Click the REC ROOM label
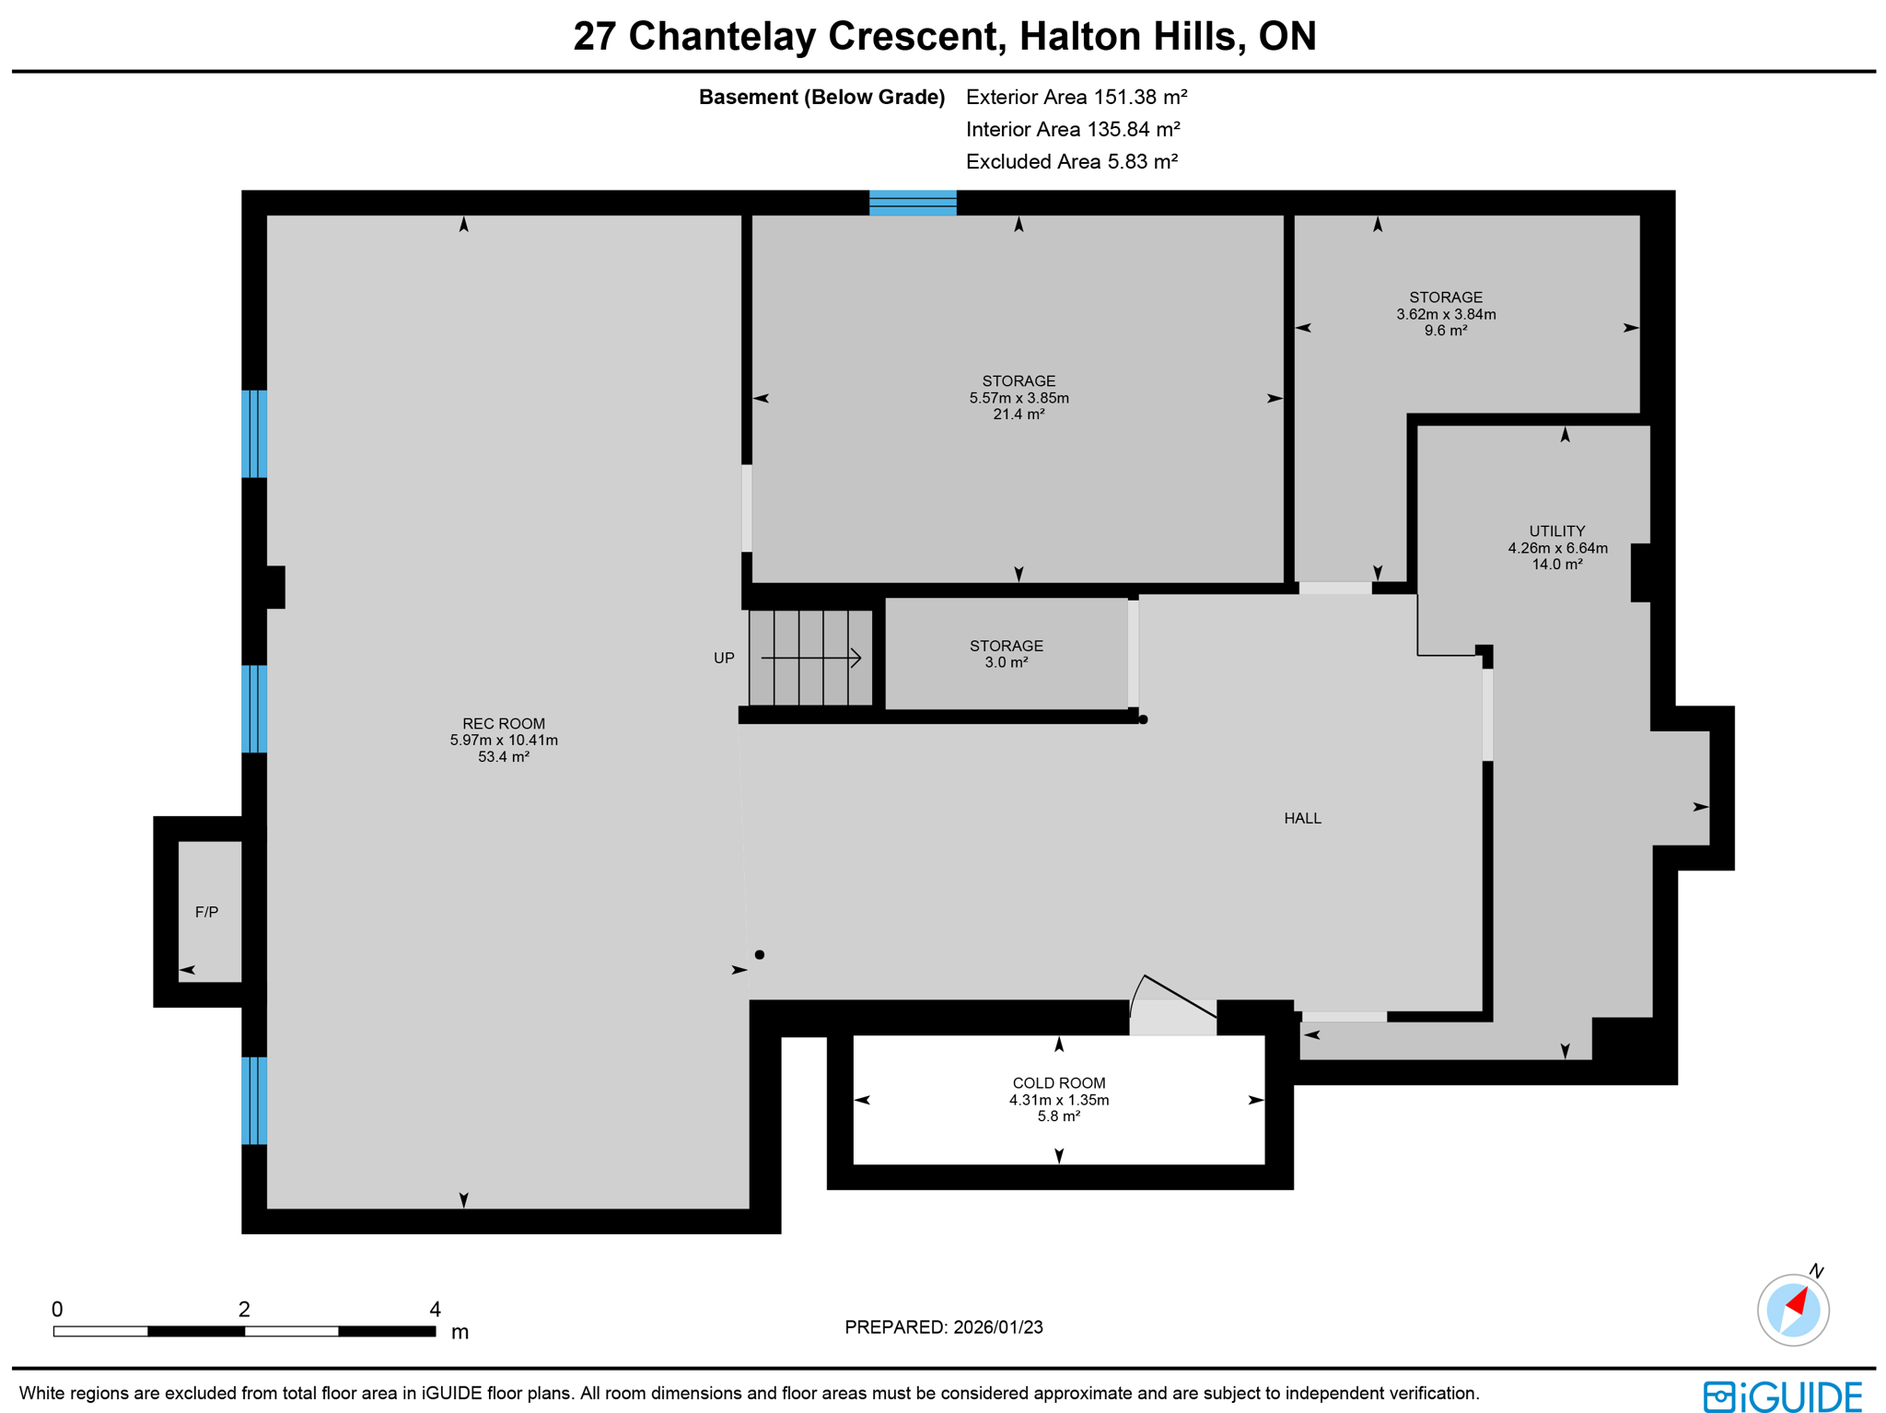(503, 724)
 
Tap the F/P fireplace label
(206, 912)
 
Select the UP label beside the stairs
(724, 658)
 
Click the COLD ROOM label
(1058, 1083)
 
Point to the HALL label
(1302, 818)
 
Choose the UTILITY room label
(1556, 531)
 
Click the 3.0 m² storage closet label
(1006, 662)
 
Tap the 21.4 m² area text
(1018, 415)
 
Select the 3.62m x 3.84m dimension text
(1445, 314)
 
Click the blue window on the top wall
(912, 203)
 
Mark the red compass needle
(1798, 1302)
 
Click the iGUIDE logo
(1782, 1395)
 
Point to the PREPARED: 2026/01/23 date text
(943, 1326)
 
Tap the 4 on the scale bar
(435, 1309)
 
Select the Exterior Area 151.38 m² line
(1076, 97)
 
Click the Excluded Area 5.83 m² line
(1071, 161)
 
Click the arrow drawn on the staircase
(810, 658)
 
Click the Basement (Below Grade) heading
(821, 97)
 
